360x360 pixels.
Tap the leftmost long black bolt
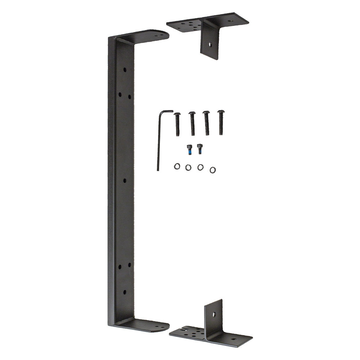click(x=177, y=124)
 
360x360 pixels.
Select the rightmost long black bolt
click(x=221, y=122)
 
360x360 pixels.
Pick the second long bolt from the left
click(x=192, y=123)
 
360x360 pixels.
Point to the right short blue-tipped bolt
click(x=199, y=148)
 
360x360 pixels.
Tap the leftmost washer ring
click(x=177, y=166)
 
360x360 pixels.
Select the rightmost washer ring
click(x=212, y=170)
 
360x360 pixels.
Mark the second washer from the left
click(x=188, y=167)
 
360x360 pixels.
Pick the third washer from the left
click(x=200, y=167)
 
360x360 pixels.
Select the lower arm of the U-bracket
click(x=144, y=325)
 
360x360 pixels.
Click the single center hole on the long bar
click(x=125, y=180)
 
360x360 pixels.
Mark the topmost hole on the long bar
click(x=125, y=69)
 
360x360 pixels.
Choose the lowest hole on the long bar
click(x=125, y=292)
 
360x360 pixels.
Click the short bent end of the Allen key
click(x=166, y=112)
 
